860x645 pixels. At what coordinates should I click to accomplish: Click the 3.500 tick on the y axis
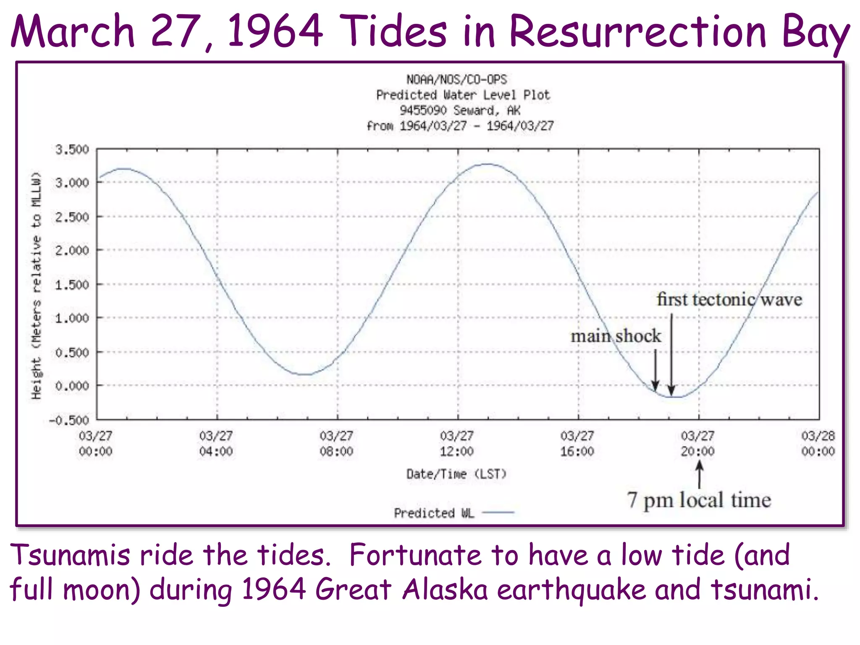[72, 149]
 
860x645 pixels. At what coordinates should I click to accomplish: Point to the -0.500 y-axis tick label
[70, 420]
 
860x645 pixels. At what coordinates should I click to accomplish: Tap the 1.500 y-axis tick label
[72, 285]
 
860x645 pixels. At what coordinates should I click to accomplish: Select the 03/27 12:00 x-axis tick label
[457, 443]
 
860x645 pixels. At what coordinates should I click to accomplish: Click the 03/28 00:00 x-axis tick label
[818, 443]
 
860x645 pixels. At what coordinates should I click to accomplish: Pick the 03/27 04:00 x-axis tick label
[216, 443]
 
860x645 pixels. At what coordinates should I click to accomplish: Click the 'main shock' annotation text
[616, 336]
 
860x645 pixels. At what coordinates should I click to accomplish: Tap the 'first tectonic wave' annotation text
[729, 299]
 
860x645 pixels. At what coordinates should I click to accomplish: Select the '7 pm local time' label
[699, 500]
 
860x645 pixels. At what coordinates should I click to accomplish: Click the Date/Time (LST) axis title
[456, 474]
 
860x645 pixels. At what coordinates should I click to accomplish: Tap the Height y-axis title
[37, 286]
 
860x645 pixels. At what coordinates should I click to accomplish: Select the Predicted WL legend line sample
[498, 512]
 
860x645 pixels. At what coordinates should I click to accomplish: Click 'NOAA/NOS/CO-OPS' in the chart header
[456, 79]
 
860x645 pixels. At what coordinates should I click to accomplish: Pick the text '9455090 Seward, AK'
[460, 110]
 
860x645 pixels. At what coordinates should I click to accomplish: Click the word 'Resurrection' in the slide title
[637, 31]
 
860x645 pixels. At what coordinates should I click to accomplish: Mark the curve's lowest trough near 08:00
[307, 374]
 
